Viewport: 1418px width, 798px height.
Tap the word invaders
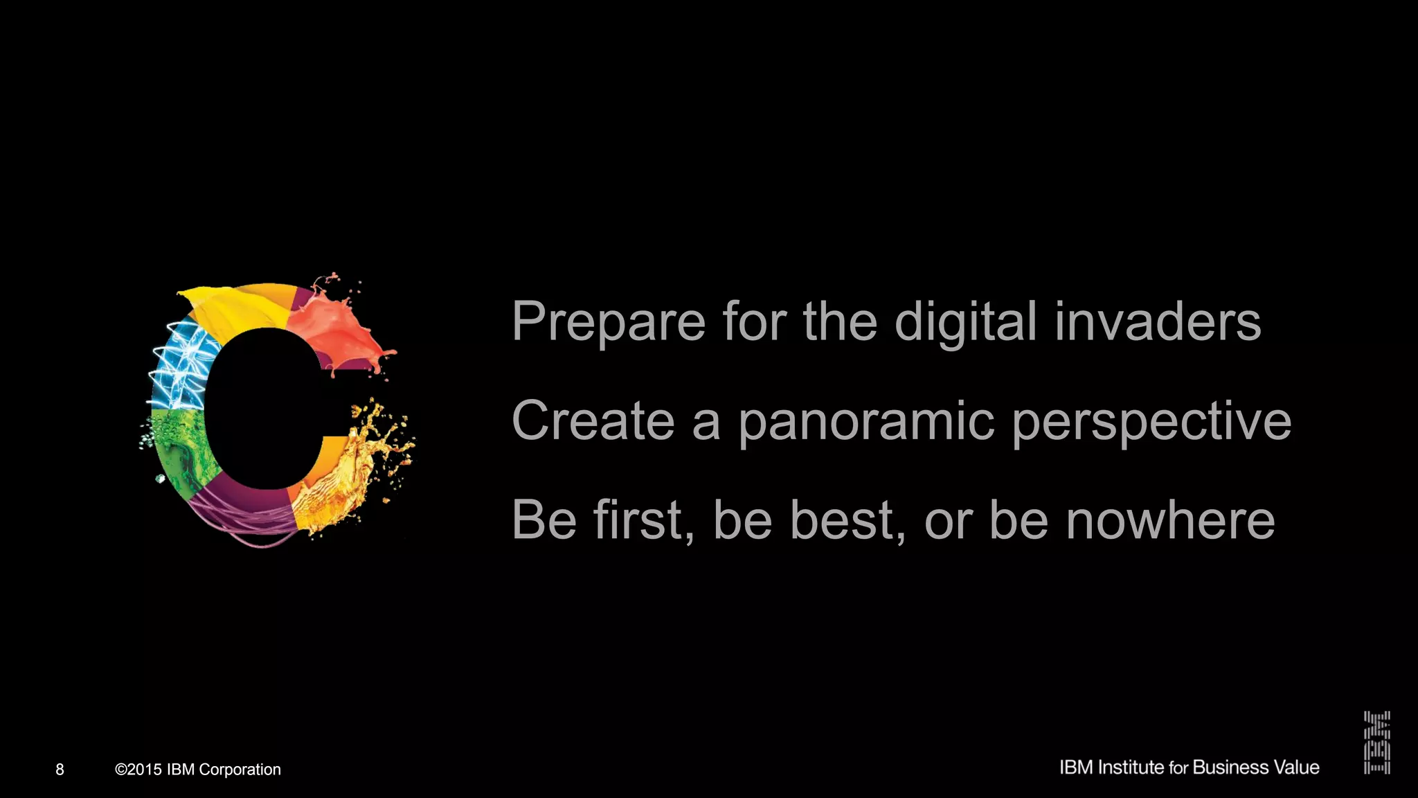pos(1157,322)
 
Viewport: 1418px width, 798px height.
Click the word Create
pos(593,421)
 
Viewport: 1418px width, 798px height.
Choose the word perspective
pos(1151,421)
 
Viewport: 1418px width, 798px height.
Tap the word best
pos(847,520)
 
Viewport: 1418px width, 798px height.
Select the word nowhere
pos(1169,520)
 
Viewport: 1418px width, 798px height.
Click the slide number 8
pos(60,770)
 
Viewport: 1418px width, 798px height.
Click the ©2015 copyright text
pos(138,770)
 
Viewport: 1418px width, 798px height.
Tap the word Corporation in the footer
pos(240,770)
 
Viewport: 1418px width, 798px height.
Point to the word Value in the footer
pos(1297,768)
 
